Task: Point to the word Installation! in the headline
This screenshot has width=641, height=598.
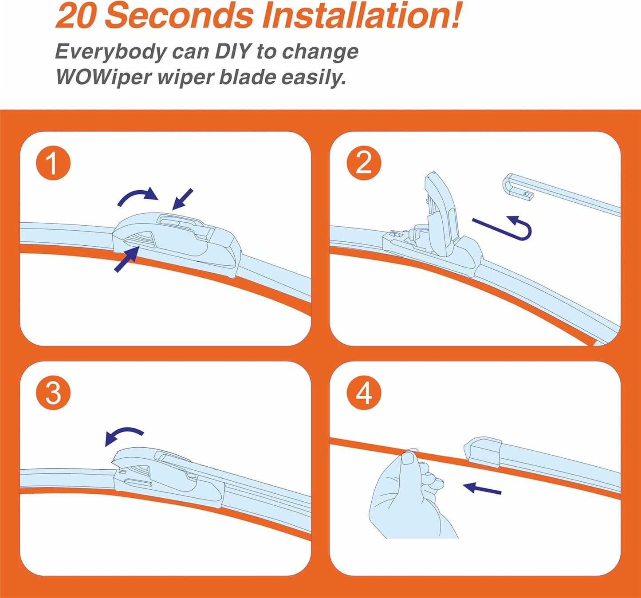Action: pos(361,16)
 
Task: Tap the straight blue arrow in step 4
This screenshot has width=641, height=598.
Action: pos(482,488)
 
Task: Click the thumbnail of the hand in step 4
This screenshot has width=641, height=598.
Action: pos(409,458)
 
